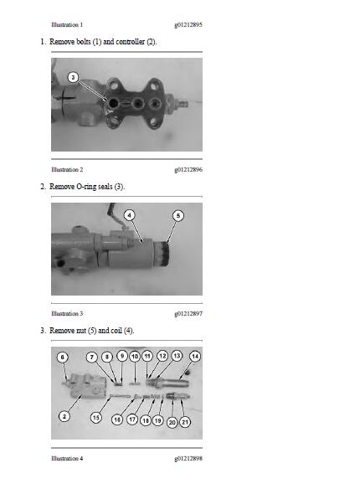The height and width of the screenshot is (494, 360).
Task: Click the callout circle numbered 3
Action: tap(73, 77)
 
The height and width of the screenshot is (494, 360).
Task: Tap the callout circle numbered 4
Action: tap(130, 215)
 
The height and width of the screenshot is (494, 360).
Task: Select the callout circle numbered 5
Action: tap(178, 215)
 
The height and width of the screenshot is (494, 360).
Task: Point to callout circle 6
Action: tap(62, 357)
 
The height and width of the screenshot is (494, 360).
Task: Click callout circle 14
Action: tap(195, 357)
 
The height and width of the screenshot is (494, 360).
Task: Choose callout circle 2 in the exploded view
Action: tap(64, 416)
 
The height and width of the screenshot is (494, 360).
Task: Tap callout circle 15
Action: tap(95, 418)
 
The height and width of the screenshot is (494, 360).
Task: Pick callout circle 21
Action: tap(185, 422)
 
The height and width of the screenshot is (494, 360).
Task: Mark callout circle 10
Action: tap(135, 357)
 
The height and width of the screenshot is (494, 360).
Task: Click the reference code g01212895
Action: tap(188, 24)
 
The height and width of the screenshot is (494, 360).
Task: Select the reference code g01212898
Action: tap(188, 458)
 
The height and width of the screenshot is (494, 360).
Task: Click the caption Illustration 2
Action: tap(67, 169)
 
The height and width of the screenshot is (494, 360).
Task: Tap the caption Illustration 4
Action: tap(67, 458)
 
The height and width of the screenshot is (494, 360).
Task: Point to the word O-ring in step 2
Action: tap(86, 187)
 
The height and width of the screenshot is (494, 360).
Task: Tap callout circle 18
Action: tap(146, 420)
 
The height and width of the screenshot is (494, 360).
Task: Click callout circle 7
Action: tap(92, 358)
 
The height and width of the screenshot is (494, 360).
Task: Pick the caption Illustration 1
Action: tap(67, 24)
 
